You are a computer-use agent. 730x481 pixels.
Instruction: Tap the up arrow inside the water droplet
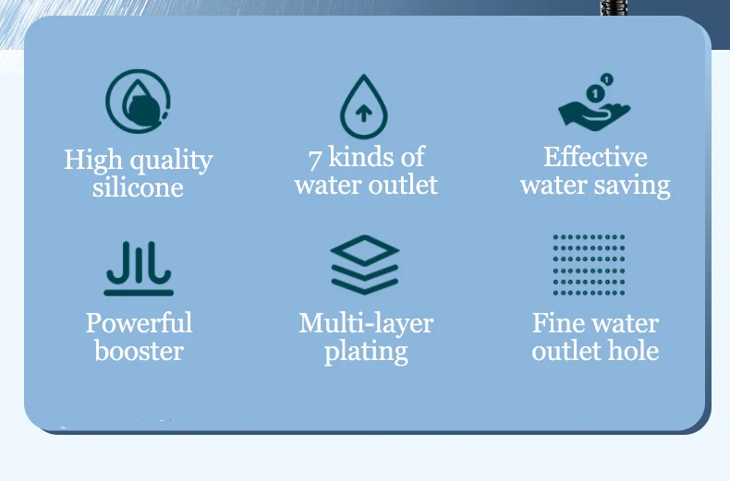pyautogui.click(x=363, y=113)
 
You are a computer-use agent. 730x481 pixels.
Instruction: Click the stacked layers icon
pyautogui.click(x=364, y=264)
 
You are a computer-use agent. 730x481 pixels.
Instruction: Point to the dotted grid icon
pyautogui.click(x=589, y=265)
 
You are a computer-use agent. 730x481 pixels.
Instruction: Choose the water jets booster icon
pyautogui.click(x=139, y=269)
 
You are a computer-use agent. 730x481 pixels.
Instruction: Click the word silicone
pyautogui.click(x=138, y=187)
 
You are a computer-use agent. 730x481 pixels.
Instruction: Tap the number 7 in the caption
pyautogui.click(x=315, y=159)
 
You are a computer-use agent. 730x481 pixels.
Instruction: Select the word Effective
pyautogui.click(x=595, y=157)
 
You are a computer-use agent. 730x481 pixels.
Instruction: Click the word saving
pyautogui.click(x=632, y=186)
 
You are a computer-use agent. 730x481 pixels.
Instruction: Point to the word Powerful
pyautogui.click(x=139, y=322)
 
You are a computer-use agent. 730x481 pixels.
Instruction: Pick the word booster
pyautogui.click(x=139, y=350)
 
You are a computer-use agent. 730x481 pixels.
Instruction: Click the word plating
pyautogui.click(x=366, y=352)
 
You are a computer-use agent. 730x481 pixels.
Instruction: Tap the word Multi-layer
pyautogui.click(x=366, y=323)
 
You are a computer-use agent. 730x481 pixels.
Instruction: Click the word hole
pyautogui.click(x=637, y=350)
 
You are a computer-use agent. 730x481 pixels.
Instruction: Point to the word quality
pyautogui.click(x=171, y=161)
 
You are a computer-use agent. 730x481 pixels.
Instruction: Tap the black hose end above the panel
pyautogui.click(x=614, y=7)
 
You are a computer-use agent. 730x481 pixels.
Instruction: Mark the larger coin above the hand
pyautogui.click(x=595, y=93)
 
